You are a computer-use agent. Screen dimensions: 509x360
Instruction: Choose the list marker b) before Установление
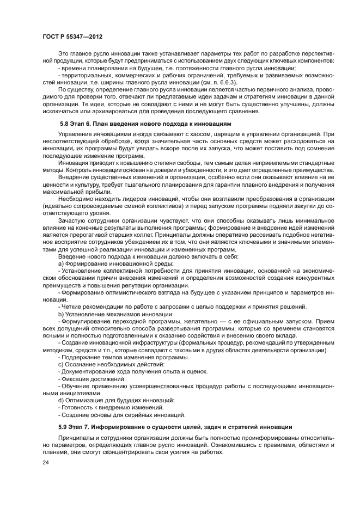click(x=61, y=314)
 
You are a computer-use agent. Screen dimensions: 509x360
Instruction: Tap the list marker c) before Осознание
click(x=61, y=364)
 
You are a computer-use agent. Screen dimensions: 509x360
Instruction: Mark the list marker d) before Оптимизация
click(x=61, y=400)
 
